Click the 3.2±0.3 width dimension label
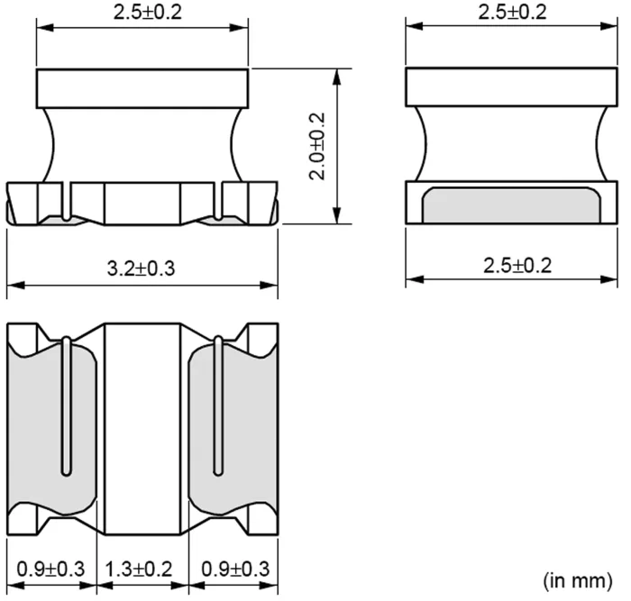point(142,268)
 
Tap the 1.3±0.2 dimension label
point(142,569)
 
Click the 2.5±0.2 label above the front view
point(142,12)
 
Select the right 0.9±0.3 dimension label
point(233,569)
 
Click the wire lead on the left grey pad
point(66,405)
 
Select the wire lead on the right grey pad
point(217,405)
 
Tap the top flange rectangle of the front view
point(142,87)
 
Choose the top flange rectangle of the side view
point(510,87)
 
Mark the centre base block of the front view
point(142,203)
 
